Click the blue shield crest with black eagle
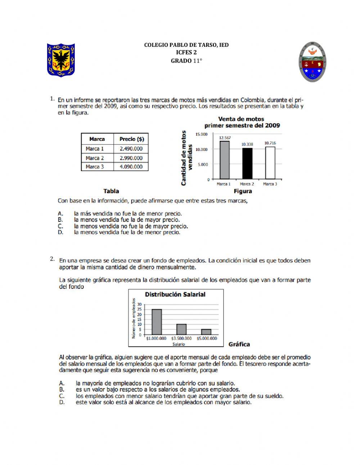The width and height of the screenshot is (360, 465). [61, 60]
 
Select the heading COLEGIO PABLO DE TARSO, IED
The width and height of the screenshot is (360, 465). [186, 45]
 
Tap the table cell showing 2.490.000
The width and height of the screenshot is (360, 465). [131, 149]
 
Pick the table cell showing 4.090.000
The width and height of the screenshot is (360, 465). [131, 167]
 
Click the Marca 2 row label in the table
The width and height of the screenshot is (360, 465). [95, 158]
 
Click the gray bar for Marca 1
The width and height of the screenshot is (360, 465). [224, 160]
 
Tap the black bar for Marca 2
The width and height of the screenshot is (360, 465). [247, 164]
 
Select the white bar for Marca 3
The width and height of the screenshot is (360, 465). [270, 163]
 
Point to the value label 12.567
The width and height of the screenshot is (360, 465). [225, 138]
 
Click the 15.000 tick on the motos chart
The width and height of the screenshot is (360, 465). [201, 134]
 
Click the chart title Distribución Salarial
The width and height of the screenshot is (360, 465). [175, 294]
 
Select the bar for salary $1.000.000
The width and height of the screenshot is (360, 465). [157, 322]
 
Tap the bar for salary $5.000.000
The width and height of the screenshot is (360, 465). [206, 332]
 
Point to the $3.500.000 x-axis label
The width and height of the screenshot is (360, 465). [181, 339]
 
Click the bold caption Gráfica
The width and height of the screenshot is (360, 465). [239, 344]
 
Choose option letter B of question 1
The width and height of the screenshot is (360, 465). [60, 220]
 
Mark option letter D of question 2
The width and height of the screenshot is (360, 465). [62, 402]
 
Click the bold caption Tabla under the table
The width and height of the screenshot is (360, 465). [111, 191]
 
